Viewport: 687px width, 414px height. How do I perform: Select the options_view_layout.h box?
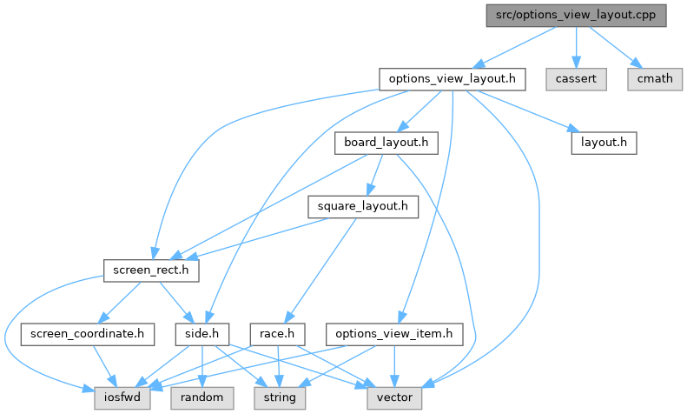452,79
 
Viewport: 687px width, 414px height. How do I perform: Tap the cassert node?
575,79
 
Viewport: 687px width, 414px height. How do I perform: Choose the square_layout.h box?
362,207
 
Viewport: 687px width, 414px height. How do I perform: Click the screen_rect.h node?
151,270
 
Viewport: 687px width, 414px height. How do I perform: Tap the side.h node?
201,334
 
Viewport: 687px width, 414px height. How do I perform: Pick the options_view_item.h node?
395,334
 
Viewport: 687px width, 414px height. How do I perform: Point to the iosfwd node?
122,397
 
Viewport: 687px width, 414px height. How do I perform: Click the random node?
201,397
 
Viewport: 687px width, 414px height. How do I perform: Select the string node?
279,397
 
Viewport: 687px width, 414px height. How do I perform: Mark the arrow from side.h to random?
201,365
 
